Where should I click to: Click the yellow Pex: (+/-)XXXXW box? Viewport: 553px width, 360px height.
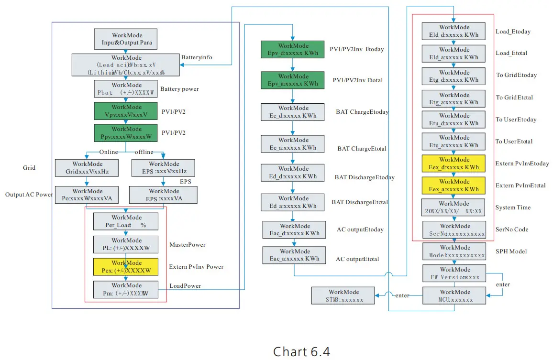point(126,267)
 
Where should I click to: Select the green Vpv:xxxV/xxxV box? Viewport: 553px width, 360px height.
point(126,111)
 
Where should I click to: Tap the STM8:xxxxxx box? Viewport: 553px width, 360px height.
point(343,296)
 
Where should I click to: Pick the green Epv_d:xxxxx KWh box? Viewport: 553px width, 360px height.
point(292,50)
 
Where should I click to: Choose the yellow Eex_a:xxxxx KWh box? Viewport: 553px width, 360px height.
point(454,185)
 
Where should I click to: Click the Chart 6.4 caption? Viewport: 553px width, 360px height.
point(301,352)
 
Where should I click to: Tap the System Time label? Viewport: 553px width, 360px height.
point(513,207)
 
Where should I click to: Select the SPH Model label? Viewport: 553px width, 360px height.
point(511,251)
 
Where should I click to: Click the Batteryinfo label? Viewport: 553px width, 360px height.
point(197,57)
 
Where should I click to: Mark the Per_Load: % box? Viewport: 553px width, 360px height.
point(126,222)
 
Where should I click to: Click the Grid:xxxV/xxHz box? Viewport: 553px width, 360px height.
point(87,168)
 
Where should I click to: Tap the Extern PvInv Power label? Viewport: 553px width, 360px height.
point(196,266)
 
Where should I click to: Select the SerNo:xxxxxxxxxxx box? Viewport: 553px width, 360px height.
point(454,230)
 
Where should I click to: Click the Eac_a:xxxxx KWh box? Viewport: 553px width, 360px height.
point(294,255)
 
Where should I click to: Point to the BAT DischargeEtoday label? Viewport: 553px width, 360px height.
point(365,177)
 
